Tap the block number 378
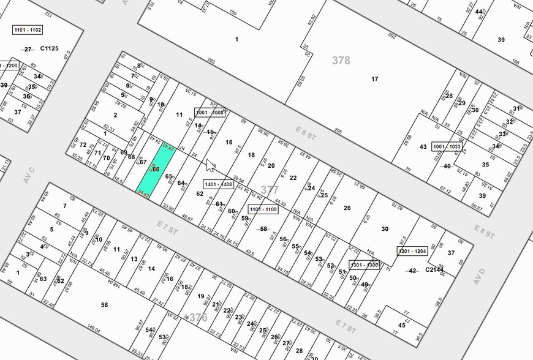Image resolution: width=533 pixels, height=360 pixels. click(341, 60)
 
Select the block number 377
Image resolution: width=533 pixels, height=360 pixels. click(270, 190)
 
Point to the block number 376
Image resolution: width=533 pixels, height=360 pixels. click(198, 317)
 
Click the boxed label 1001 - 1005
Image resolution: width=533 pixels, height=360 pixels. click(210, 113)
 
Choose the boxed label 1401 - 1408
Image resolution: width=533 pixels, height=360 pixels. click(219, 184)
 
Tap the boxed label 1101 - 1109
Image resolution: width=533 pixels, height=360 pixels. click(263, 209)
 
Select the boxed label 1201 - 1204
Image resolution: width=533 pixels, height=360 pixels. click(412, 251)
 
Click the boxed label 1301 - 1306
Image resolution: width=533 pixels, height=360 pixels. click(365, 265)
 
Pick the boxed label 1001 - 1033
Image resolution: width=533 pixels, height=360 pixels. click(446, 147)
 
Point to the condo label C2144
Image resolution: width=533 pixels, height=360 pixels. click(434, 270)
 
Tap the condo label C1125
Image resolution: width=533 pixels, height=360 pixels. click(49, 48)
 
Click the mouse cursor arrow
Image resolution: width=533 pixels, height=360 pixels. click(210, 165)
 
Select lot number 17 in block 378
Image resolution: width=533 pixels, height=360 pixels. click(375, 78)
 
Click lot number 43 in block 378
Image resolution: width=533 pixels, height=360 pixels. click(423, 147)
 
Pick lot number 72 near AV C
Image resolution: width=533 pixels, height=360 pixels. click(83, 145)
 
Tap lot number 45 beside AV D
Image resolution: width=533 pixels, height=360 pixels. click(402, 324)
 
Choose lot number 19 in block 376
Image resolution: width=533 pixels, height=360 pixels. click(200, 296)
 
